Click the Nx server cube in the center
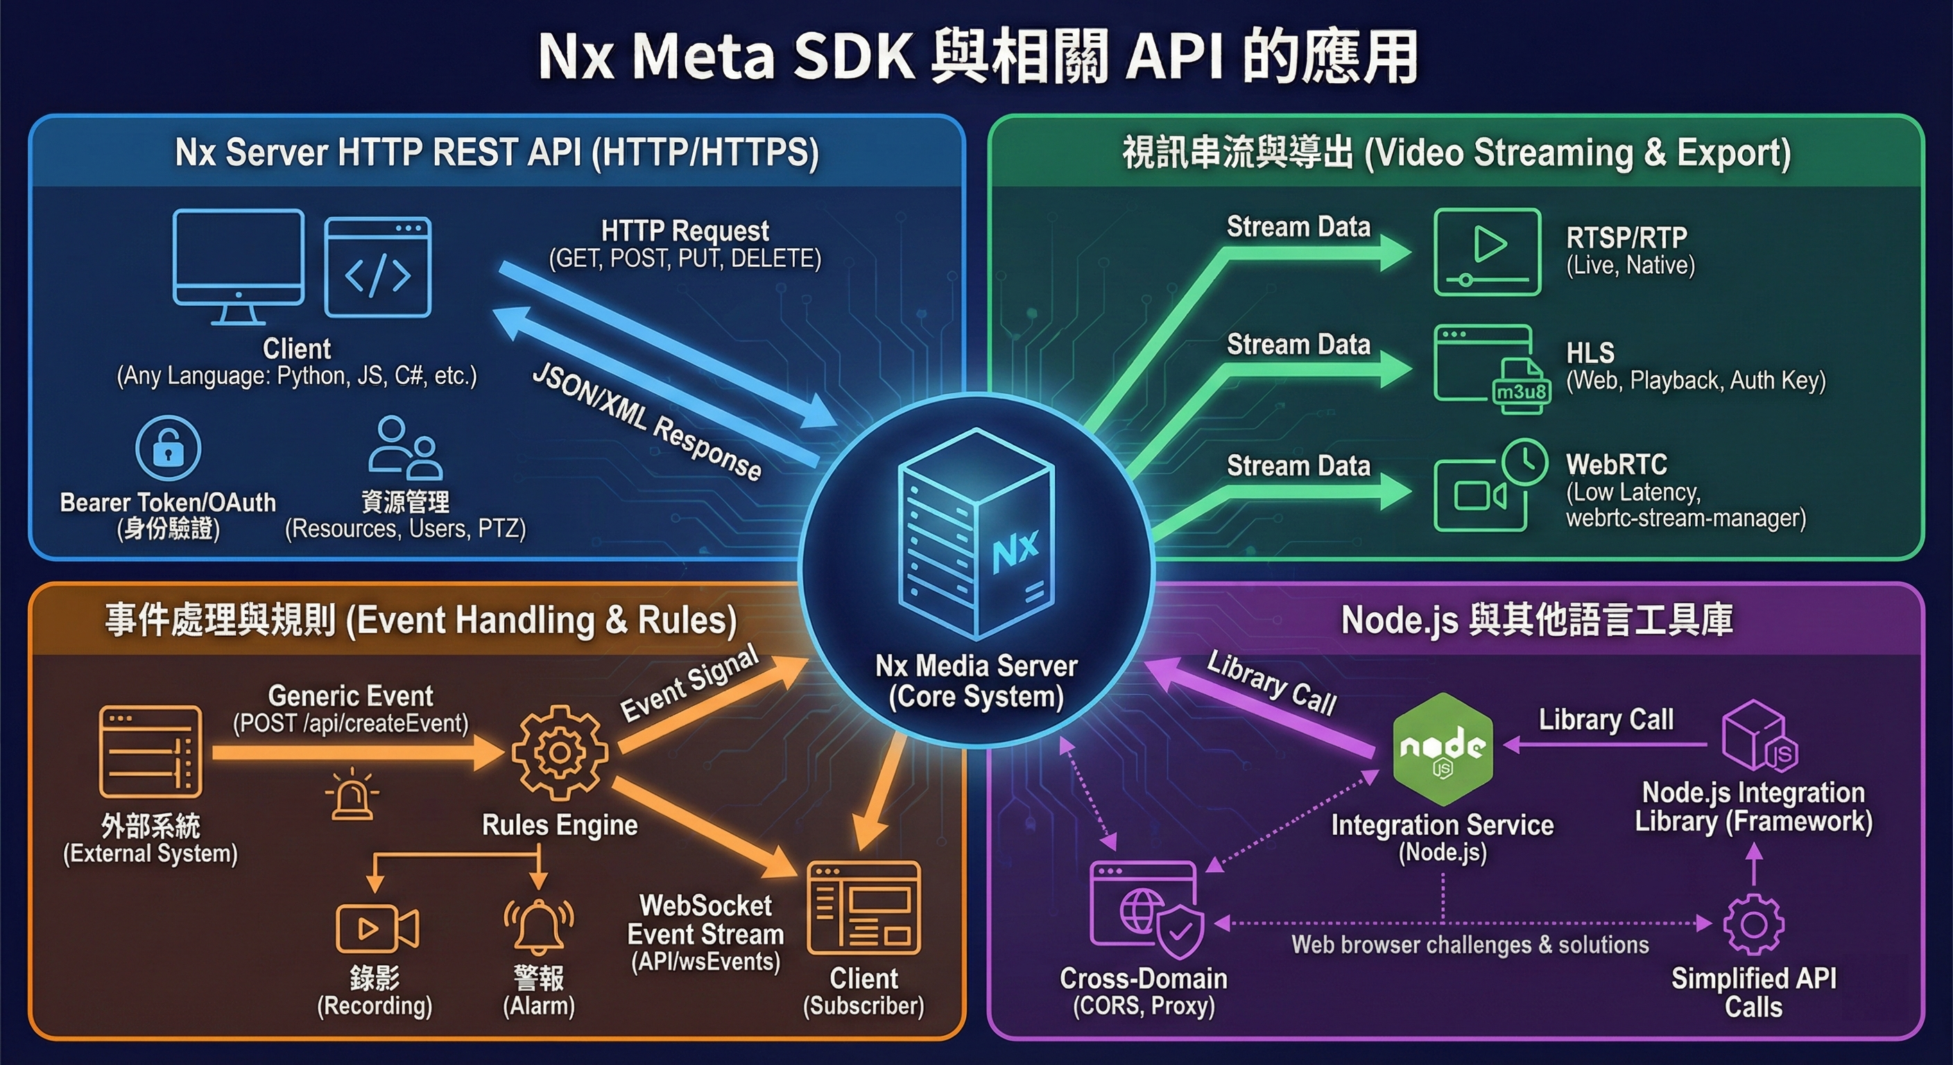pyautogui.click(x=976, y=535)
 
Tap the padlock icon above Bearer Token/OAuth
pyautogui.click(x=169, y=448)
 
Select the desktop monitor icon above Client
pyautogui.click(x=238, y=266)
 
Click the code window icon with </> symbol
pyautogui.click(x=377, y=267)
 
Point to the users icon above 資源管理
pyautogui.click(x=405, y=448)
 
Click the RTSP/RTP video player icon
pyautogui.click(x=1488, y=252)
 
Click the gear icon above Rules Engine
pyautogui.click(x=560, y=753)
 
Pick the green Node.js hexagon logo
pyautogui.click(x=1443, y=748)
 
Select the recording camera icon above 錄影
pyautogui.click(x=377, y=928)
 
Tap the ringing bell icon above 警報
pyautogui.click(x=538, y=926)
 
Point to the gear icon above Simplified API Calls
pyautogui.click(x=1753, y=924)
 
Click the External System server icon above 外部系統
pyautogui.click(x=151, y=751)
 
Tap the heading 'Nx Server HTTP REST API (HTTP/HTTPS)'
pyautogui.click(x=497, y=153)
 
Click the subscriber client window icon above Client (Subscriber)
pyautogui.click(x=863, y=908)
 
